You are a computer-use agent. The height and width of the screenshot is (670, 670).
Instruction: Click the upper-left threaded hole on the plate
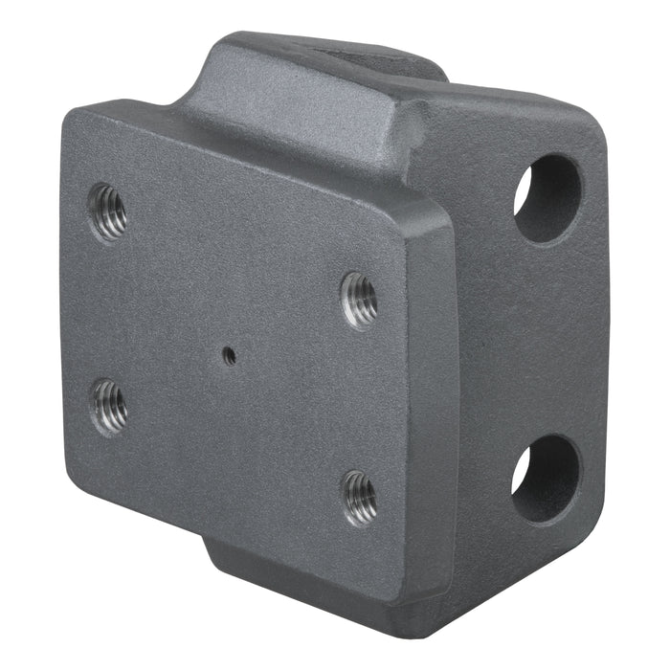pyautogui.click(x=107, y=212)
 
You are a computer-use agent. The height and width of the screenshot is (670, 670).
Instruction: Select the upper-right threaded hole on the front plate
pyautogui.click(x=360, y=300)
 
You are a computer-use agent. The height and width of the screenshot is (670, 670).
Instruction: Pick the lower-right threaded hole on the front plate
pyautogui.click(x=360, y=498)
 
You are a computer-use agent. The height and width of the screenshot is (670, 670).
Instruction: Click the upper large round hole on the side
pyautogui.click(x=547, y=196)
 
